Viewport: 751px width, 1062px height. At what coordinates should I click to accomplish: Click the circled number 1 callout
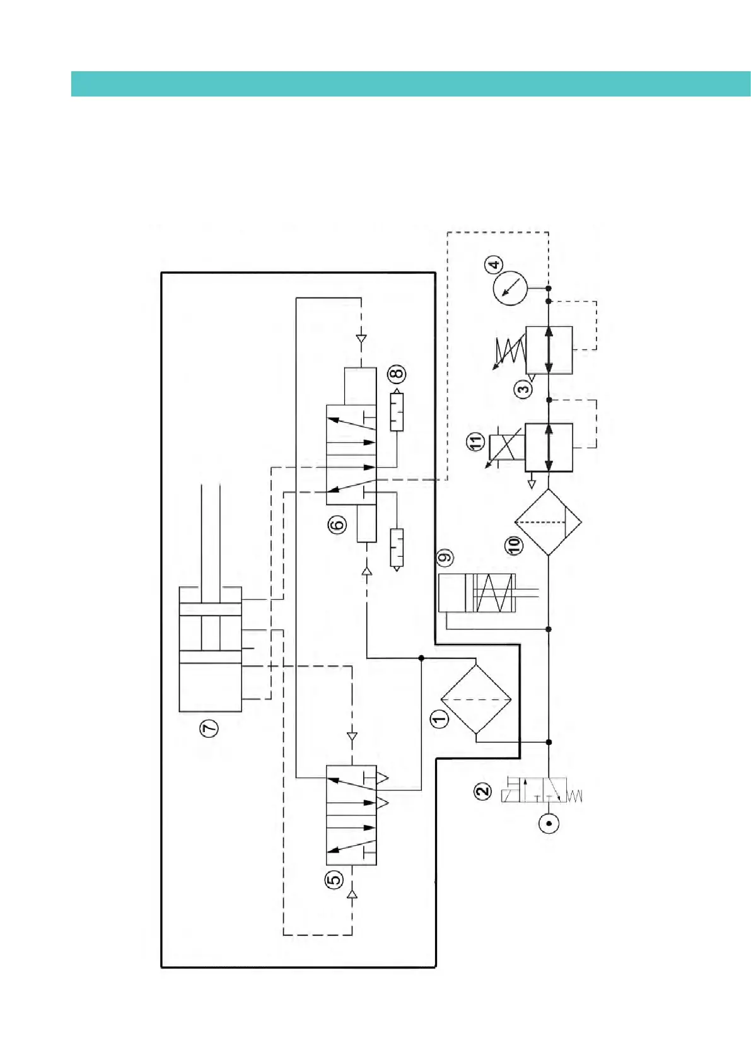[x=439, y=718]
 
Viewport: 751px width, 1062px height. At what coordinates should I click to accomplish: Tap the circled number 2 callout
[x=482, y=791]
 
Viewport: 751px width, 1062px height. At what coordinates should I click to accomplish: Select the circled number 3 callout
[x=524, y=389]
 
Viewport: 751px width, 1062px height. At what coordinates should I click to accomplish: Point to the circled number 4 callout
[x=494, y=265]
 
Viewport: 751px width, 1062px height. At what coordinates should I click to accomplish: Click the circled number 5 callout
[x=334, y=878]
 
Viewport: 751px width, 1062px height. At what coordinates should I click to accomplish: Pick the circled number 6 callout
[x=337, y=524]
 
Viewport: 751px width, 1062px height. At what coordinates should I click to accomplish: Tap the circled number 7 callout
[x=209, y=728]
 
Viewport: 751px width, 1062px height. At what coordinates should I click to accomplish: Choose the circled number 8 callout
[x=397, y=373]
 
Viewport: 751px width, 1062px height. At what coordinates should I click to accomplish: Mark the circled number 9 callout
[x=445, y=557]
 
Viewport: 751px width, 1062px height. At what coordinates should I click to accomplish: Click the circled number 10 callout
[x=515, y=545]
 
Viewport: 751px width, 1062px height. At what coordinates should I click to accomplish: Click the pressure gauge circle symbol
[x=509, y=288]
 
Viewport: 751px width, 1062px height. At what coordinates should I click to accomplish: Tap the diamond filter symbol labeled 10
[x=548, y=522]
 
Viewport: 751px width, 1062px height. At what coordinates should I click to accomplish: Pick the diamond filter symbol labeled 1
[x=475, y=699]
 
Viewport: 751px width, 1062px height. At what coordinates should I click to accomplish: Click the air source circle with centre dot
[x=549, y=823]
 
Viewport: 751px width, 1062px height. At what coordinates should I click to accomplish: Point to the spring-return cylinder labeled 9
[x=477, y=593]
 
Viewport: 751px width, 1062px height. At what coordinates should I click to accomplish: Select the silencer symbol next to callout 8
[x=396, y=411]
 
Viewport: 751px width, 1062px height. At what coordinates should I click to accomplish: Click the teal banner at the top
[x=410, y=84]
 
